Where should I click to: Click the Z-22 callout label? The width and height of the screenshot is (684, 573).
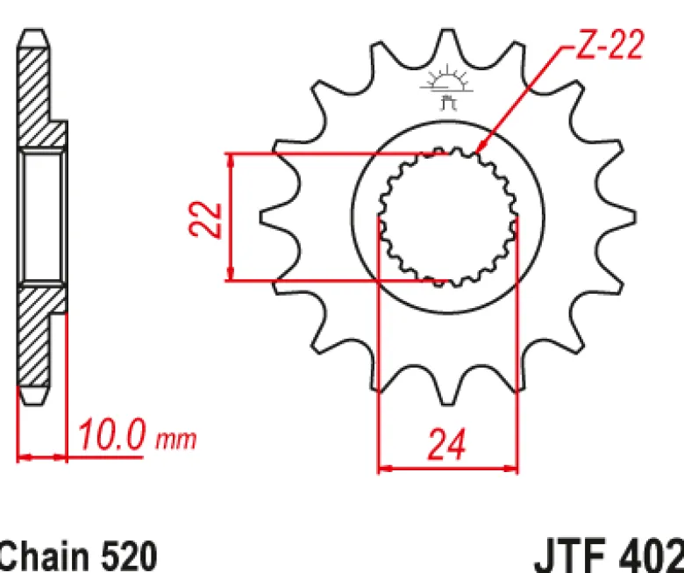[x=609, y=45]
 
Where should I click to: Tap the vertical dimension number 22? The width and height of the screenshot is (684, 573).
[x=206, y=219]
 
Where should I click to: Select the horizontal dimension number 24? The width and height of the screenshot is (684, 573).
[x=447, y=445]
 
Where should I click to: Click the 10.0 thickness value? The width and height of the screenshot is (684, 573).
[x=110, y=434]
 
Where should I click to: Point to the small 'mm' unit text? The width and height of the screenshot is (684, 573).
[x=176, y=440]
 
